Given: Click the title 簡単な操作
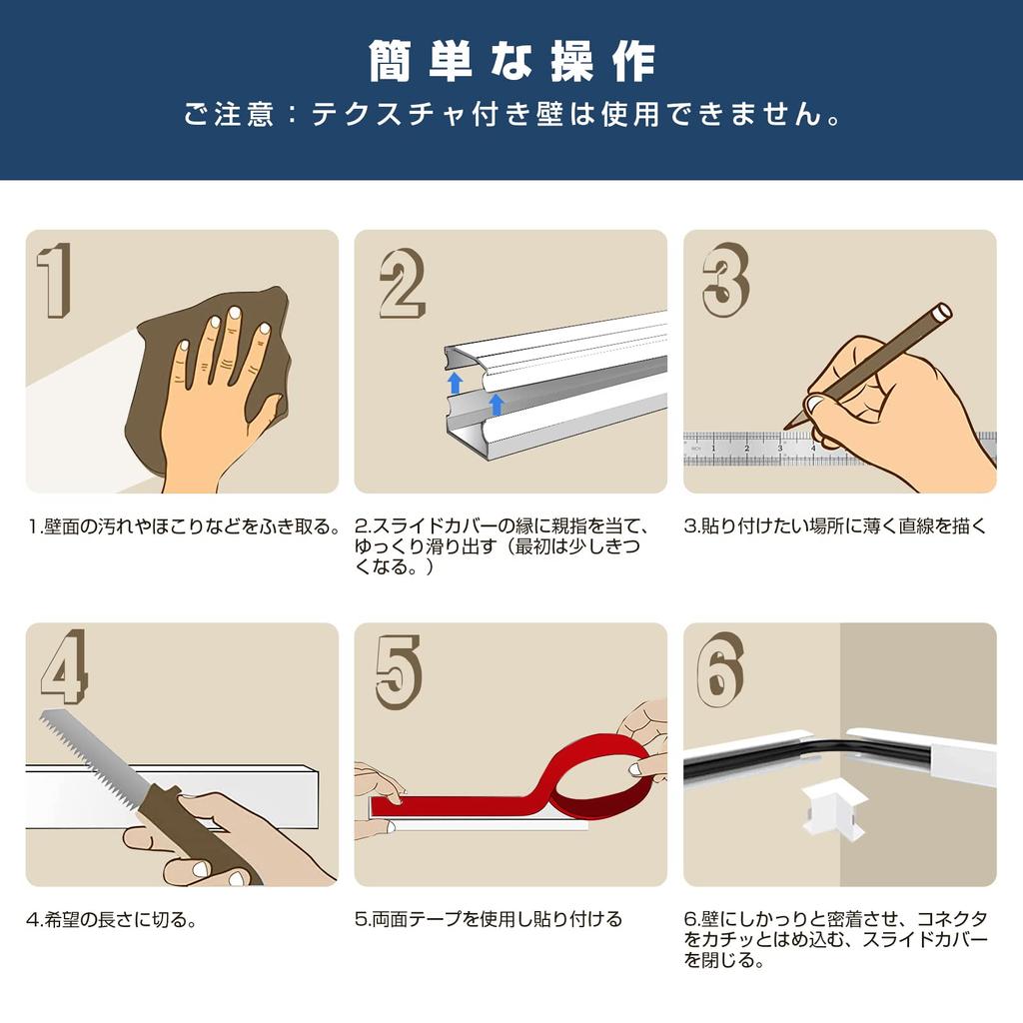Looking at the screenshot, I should click(x=511, y=61).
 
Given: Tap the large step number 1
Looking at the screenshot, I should click(x=55, y=280).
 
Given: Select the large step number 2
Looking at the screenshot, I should click(x=402, y=284).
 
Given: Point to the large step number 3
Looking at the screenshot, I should click(x=725, y=280).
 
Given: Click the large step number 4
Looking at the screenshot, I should click(x=64, y=667).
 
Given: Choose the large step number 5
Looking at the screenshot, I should click(x=398, y=671).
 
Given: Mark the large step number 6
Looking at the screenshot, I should click(x=719, y=669).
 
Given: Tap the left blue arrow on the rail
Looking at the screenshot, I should click(x=456, y=382).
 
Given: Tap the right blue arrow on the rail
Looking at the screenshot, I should click(x=496, y=404).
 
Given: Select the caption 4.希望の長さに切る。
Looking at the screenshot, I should click(x=111, y=920).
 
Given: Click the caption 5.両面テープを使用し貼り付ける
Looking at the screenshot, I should click(x=489, y=919).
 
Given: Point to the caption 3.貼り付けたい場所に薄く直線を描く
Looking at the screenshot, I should click(x=835, y=525).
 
